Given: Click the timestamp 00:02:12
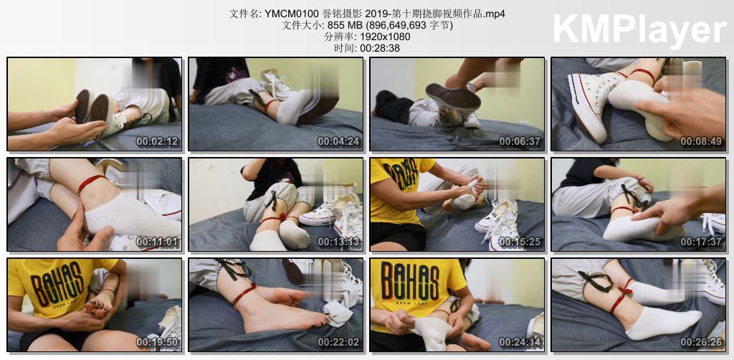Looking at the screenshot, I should pos(157,141).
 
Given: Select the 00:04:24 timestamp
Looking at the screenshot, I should pos(338,141).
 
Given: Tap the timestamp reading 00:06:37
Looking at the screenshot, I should pos(520,141).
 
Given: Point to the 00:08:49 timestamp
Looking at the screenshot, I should pos(701,141).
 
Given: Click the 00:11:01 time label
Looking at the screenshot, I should pos(157,242).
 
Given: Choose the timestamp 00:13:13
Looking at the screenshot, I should pos(338,242).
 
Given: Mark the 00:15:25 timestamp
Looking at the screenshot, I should pos(520,242).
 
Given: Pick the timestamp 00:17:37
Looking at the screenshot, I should pos(701,242).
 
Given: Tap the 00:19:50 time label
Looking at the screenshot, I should pos(157,342).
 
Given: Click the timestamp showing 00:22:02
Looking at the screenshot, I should pos(338,342).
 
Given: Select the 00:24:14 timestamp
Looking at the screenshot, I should pos(520,342).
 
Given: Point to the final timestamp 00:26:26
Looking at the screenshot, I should pos(701,342).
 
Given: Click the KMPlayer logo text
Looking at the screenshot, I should pos(639,30).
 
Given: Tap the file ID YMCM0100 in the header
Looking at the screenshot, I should pos(292,14).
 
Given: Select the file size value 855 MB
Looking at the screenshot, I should pos(343,25).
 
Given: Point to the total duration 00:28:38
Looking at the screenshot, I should pos(380,48).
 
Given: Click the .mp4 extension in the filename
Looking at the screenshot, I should pos(495,14).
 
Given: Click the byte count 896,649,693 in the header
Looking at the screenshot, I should pos(396,25).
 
